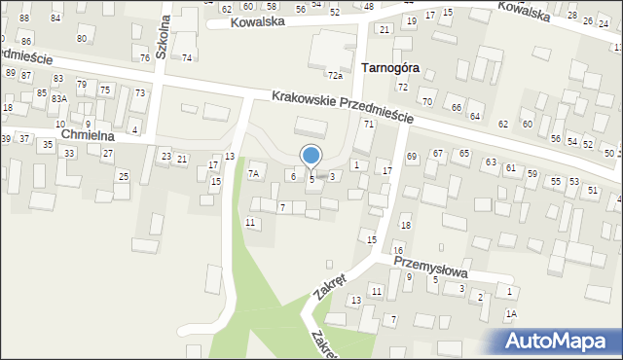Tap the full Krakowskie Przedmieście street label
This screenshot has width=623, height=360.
click(x=343, y=107)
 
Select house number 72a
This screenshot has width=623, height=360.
click(x=335, y=75)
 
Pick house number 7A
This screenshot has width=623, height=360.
click(x=253, y=174)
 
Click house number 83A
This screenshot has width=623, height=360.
click(x=59, y=99)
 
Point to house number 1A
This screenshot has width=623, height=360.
click(x=510, y=313)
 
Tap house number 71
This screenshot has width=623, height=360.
click(x=369, y=125)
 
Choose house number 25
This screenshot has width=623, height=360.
click(x=123, y=176)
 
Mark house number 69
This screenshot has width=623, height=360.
click(x=412, y=157)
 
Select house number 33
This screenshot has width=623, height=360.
click(x=69, y=154)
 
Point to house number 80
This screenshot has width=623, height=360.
click(x=82, y=38)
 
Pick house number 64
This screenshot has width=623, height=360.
click(x=475, y=116)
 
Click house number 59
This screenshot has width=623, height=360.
click(x=532, y=173)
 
